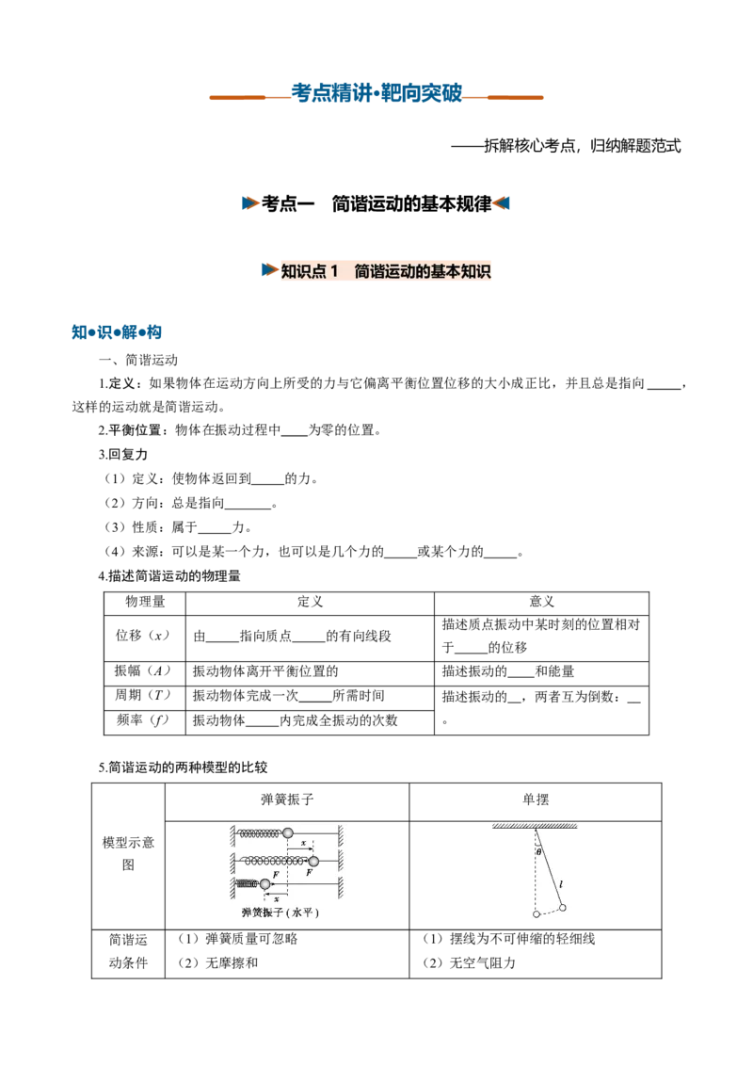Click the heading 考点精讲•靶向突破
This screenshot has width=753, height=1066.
376,92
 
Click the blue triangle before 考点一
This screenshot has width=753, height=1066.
249,203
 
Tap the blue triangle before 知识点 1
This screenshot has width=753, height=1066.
269,270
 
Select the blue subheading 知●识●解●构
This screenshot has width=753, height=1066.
116,331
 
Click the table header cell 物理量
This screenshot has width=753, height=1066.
145,602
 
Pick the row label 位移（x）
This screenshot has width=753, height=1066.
142,636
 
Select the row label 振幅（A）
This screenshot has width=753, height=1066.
142,671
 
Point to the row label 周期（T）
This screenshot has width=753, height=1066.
142,695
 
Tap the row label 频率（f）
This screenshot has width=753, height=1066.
142,720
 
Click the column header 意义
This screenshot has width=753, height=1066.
541,602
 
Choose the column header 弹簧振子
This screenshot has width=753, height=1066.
287,799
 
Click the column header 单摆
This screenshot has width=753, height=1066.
536,799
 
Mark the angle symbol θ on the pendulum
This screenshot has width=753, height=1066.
539,852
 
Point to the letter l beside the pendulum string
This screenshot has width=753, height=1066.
561,884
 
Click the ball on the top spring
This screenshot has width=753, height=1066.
287,832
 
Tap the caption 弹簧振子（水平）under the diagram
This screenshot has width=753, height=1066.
280,913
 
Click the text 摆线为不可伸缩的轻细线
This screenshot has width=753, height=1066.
522,939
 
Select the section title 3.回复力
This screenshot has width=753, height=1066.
123,454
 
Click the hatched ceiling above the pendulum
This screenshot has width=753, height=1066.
535,826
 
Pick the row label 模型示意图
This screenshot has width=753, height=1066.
128,853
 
